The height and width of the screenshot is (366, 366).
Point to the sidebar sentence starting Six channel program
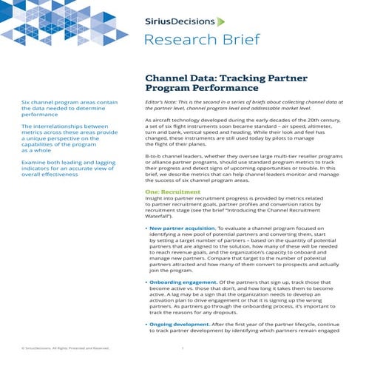[x=70, y=108]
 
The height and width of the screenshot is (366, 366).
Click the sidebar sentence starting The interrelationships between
[x=70, y=138]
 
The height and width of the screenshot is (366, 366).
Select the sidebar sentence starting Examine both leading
[x=70, y=169]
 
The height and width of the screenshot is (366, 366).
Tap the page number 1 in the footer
[x=182, y=347]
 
